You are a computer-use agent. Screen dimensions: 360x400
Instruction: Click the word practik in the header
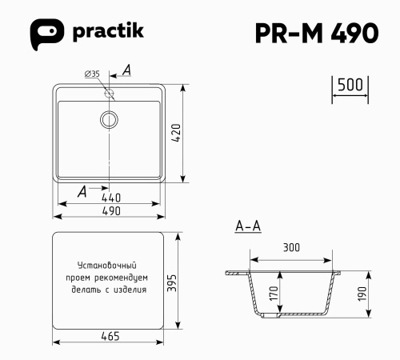pyautogui.click(x=110, y=32)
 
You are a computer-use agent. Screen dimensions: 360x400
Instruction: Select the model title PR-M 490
pyautogui.click(x=316, y=33)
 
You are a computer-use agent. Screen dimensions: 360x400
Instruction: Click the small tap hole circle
pyautogui.click(x=109, y=93)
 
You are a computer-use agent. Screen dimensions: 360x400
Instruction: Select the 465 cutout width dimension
pyautogui.click(x=110, y=336)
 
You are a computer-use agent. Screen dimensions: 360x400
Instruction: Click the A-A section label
pyautogui.click(x=248, y=226)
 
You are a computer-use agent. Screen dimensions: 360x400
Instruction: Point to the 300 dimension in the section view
pyautogui.click(x=291, y=247)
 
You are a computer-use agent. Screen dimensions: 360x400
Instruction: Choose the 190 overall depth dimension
pyautogui.click(x=362, y=294)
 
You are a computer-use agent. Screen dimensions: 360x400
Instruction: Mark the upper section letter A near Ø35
pyautogui.click(x=126, y=71)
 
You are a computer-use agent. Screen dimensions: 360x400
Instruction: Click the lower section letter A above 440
pyautogui.click(x=82, y=190)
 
